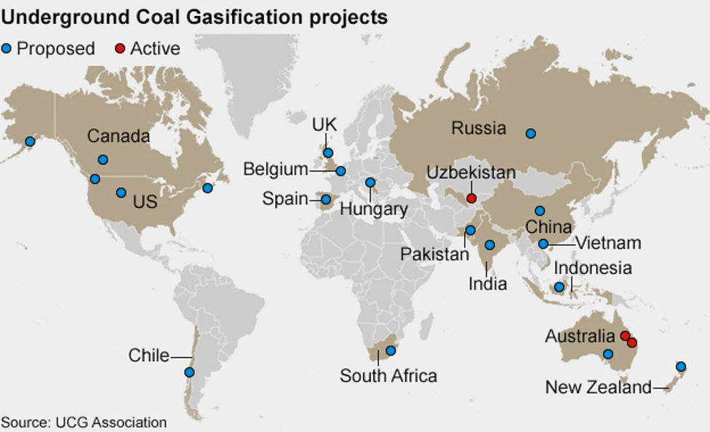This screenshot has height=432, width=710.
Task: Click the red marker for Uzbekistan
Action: click(x=471, y=198)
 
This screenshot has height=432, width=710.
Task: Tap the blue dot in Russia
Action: click(x=531, y=133)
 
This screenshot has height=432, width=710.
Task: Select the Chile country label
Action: click(x=148, y=356)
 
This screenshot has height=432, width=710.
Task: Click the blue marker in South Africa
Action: click(x=391, y=351)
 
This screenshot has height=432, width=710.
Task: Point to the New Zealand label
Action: click(x=598, y=388)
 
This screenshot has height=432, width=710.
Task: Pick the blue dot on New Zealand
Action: click(x=680, y=367)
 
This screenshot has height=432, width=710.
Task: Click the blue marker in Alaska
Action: click(x=30, y=141)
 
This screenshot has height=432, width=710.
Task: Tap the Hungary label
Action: click(x=374, y=209)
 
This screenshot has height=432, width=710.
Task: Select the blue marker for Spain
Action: click(x=326, y=199)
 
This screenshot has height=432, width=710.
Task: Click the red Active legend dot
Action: click(x=120, y=49)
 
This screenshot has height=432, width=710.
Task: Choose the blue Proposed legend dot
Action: click(x=7, y=49)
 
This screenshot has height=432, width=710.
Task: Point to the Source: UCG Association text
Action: click(x=84, y=422)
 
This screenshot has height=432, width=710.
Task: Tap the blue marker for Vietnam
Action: click(x=543, y=244)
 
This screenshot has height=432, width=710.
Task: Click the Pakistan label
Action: click(x=435, y=255)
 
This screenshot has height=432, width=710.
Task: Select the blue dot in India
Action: click(x=490, y=245)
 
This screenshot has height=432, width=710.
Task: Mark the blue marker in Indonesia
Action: click(x=559, y=287)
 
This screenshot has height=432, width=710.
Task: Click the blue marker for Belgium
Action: click(x=340, y=172)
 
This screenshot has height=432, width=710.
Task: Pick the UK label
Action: click(x=324, y=125)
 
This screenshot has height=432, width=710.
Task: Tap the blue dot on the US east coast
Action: click(x=207, y=188)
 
